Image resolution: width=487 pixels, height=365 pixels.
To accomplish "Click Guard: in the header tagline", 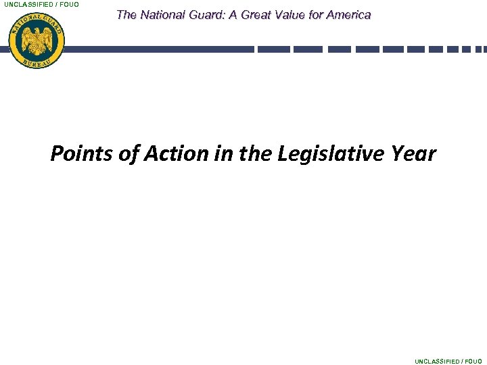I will [208, 14].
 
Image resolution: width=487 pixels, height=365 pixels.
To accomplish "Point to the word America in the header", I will [350, 14].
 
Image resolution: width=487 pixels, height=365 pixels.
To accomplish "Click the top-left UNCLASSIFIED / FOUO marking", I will [41, 5].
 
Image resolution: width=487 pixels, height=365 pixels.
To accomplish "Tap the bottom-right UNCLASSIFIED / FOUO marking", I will [448, 361].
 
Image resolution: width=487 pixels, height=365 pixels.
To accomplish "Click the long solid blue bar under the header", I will [159, 49].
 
